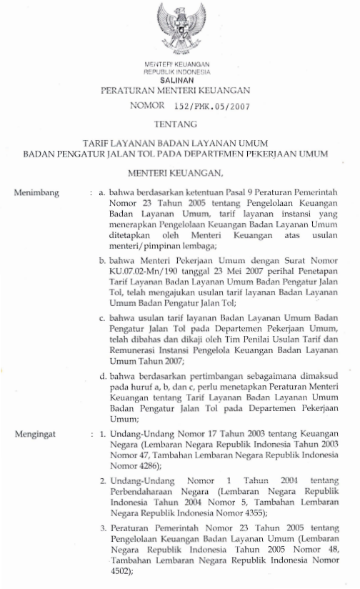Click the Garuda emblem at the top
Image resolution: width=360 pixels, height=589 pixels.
coord(180,29)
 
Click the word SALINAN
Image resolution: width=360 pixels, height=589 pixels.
coord(180,80)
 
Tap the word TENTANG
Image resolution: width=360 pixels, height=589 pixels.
coord(179,124)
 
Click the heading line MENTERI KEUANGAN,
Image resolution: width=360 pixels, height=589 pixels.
coord(180,172)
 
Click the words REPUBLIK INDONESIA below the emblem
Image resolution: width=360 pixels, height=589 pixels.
coord(180,73)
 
